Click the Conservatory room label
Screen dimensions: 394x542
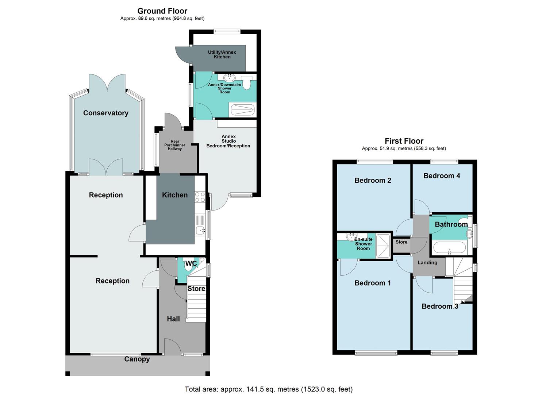[105, 113]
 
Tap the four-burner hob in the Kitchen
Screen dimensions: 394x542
[200, 197]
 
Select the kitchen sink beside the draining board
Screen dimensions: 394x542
[200, 230]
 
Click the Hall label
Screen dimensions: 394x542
[173, 319]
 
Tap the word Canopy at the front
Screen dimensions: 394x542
[137, 359]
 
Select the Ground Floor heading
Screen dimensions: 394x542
[162, 11]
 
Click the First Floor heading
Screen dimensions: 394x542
[404, 141]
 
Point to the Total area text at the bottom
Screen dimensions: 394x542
[269, 389]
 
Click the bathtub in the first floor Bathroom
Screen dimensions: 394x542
[449, 248]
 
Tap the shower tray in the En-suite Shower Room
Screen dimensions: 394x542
[383, 246]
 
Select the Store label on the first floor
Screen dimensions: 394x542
[401, 242]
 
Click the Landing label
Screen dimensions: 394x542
[427, 263]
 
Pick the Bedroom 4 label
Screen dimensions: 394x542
[442, 176]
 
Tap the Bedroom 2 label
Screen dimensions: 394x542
[373, 180]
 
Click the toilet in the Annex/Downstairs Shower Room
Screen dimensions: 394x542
[247, 82]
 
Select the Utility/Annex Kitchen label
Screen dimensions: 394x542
[222, 54]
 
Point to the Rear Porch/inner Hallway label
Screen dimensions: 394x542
[175, 145]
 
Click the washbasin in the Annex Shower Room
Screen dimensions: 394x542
[230, 77]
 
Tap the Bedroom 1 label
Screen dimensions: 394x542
[372, 283]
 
